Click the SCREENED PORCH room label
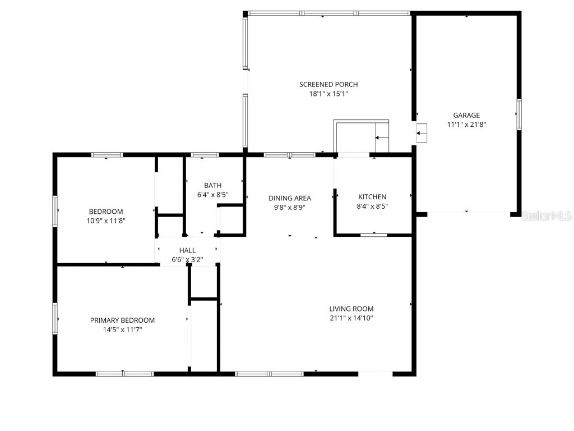point(328,84)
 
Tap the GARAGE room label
point(466,115)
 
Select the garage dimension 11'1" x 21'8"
point(466,125)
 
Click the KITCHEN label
point(372,197)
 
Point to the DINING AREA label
point(289,198)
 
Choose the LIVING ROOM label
point(351,309)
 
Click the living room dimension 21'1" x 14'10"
point(351,318)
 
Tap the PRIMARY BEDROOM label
point(122,320)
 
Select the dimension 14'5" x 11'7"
point(122,330)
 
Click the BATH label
point(212,185)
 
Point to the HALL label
point(187,250)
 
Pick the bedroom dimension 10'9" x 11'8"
point(105,221)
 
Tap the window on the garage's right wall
point(519,114)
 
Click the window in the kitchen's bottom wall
point(373,235)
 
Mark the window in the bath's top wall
point(205,155)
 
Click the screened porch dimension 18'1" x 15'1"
point(328,94)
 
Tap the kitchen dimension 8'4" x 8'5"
point(372,207)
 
